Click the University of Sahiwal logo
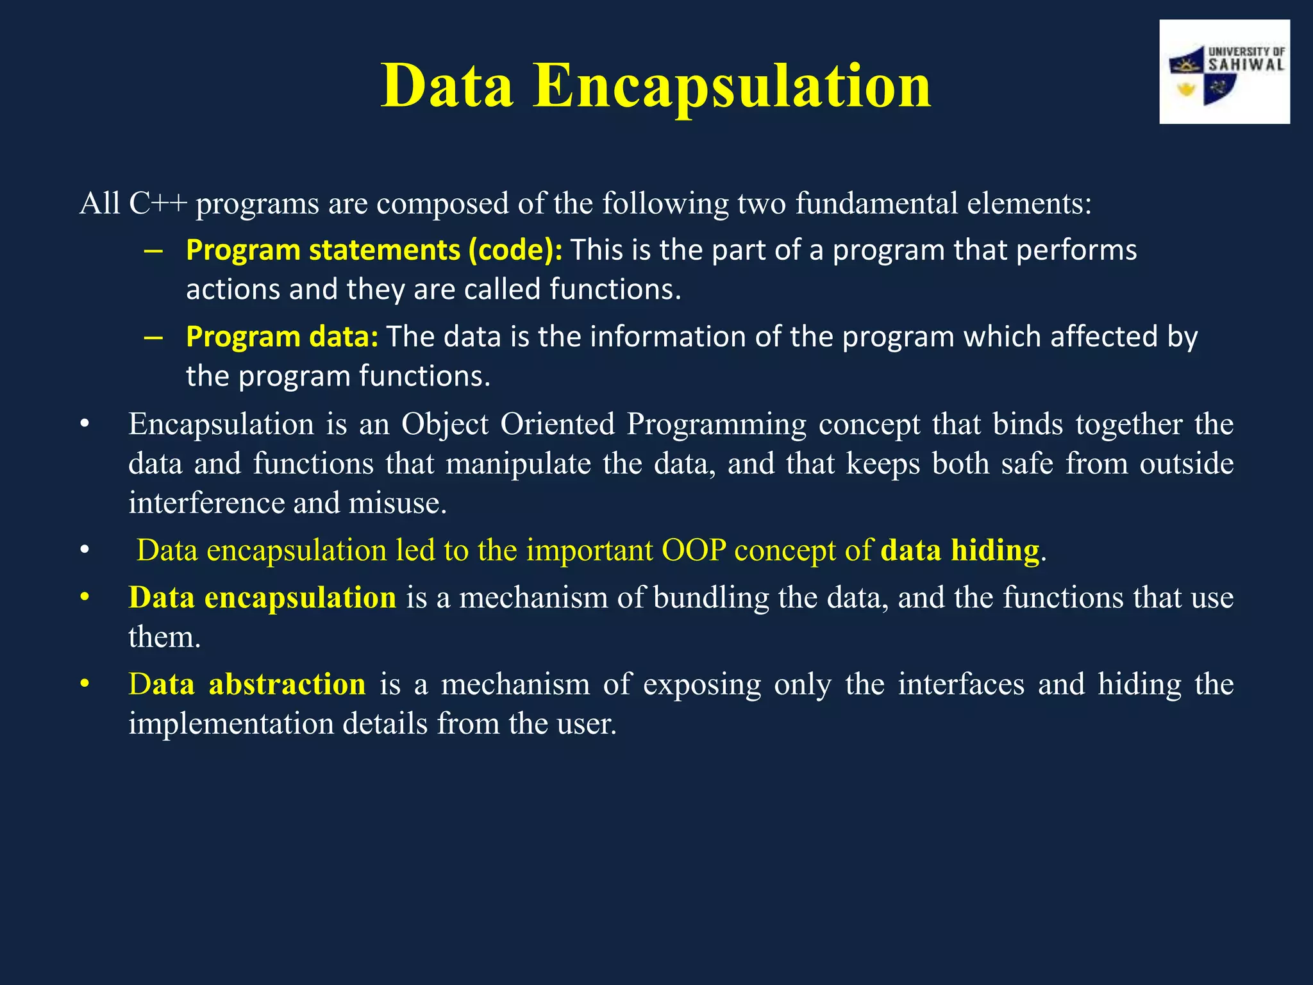(x=1224, y=72)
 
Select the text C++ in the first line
(x=158, y=203)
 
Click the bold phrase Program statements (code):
(x=374, y=249)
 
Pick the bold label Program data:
(x=282, y=336)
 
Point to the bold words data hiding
(x=960, y=550)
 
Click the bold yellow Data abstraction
(x=247, y=684)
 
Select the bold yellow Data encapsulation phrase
(x=262, y=597)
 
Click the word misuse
(x=397, y=502)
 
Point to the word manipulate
(x=518, y=463)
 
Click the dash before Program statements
(x=153, y=250)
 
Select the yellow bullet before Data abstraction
(x=85, y=684)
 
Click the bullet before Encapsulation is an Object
(x=85, y=425)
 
